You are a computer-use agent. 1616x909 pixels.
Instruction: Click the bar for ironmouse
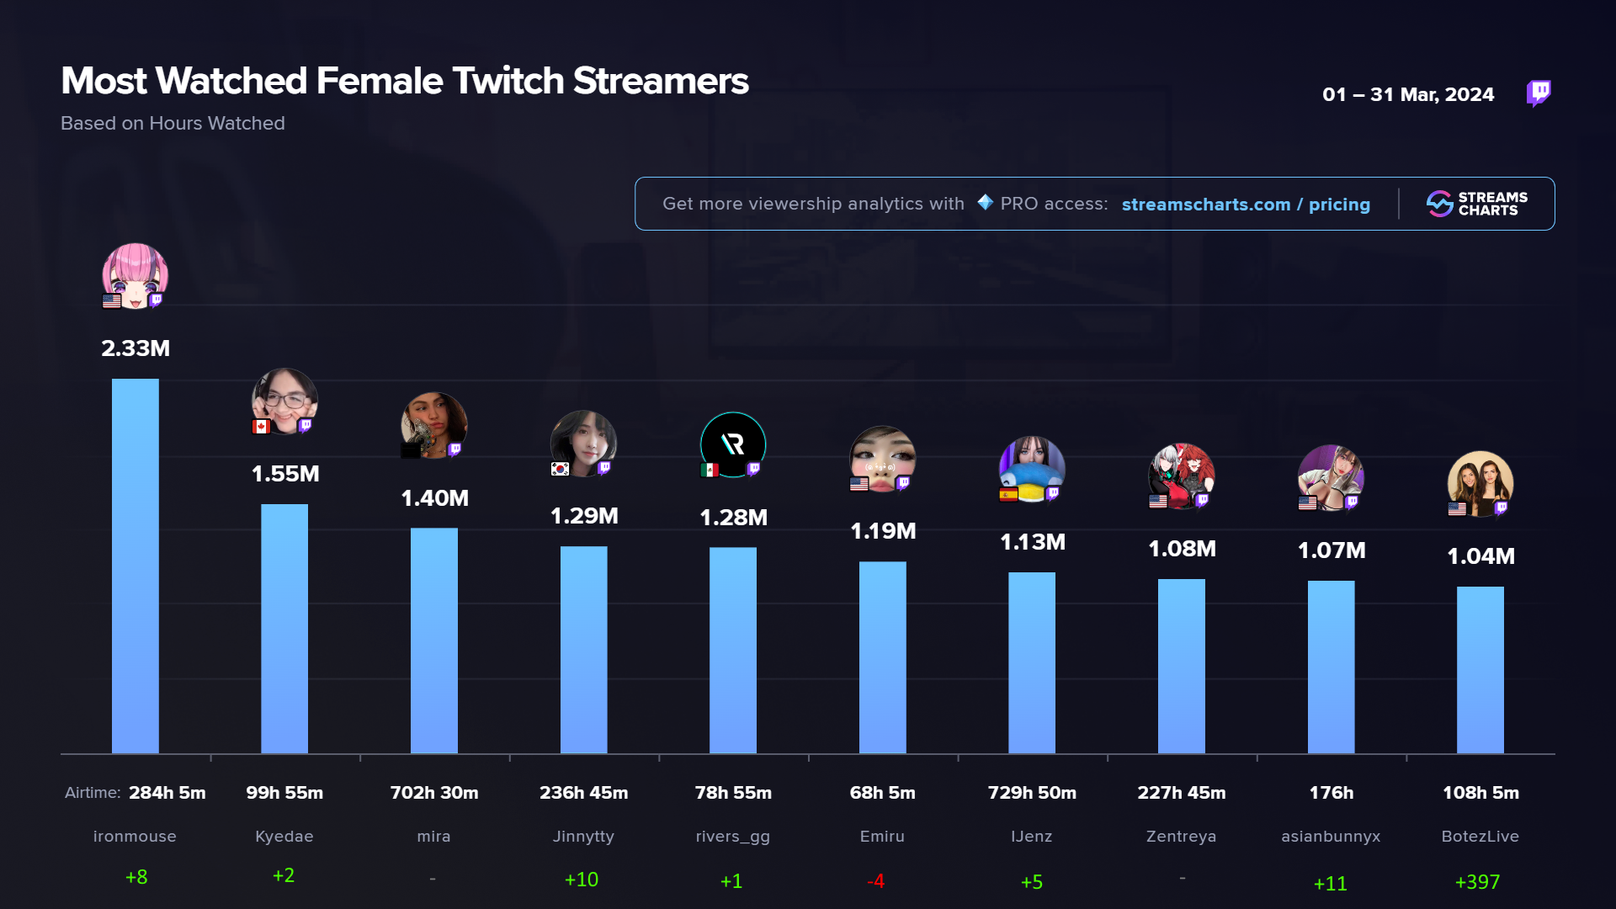135,566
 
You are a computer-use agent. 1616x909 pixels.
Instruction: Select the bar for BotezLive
1480,670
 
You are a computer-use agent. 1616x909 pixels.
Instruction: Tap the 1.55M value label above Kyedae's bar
285,474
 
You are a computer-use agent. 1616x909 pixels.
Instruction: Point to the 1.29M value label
584,516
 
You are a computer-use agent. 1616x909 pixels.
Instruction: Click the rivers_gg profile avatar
733,444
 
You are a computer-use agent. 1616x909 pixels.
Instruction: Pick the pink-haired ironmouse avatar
135,275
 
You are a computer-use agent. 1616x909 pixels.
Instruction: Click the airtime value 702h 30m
434,793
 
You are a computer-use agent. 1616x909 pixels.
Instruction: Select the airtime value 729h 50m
1032,793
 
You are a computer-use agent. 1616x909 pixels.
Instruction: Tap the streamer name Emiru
882,837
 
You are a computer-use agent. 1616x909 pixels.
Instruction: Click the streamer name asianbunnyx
1331,837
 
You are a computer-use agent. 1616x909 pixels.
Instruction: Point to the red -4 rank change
875,881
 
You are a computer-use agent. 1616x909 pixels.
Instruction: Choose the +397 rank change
1477,882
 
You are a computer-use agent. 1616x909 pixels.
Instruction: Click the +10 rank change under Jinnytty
582,880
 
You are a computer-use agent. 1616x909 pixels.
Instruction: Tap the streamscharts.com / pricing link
1246,205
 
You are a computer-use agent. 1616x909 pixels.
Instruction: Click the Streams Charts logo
1477,204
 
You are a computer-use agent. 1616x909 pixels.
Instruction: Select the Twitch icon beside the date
1539,93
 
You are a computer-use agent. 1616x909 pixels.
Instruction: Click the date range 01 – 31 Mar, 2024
1408,94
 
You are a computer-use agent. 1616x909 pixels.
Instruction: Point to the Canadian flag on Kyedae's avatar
261,427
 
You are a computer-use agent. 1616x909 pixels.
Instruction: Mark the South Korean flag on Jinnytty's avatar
560,469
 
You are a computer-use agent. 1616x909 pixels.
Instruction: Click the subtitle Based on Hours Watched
173,124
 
